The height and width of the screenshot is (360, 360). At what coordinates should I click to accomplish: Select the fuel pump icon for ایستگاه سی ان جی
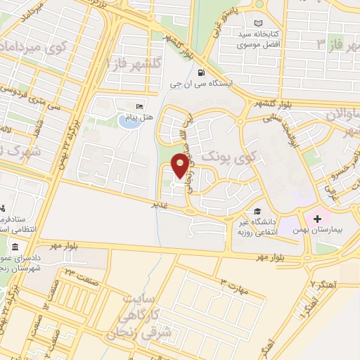(x=202, y=72)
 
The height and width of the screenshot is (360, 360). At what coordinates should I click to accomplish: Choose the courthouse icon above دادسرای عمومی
(x=15, y=247)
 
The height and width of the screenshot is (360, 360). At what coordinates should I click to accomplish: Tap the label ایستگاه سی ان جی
(x=205, y=84)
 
